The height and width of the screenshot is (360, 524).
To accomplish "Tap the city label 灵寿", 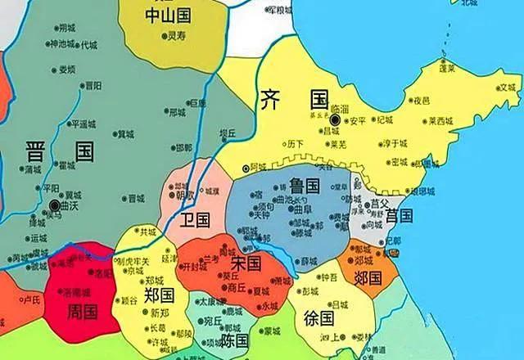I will click(176, 35).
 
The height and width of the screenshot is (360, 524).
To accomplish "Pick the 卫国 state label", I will click(196, 219).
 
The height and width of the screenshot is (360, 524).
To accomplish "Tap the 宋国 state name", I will click(246, 263).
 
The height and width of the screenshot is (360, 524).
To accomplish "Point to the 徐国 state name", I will click(318, 317).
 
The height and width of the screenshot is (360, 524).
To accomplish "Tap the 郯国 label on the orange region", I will click(367, 277).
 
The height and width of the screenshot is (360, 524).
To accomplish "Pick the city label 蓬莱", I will click(447, 70).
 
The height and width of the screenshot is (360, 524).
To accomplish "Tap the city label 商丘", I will click(237, 287).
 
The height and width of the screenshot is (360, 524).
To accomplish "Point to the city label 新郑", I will click(159, 313).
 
